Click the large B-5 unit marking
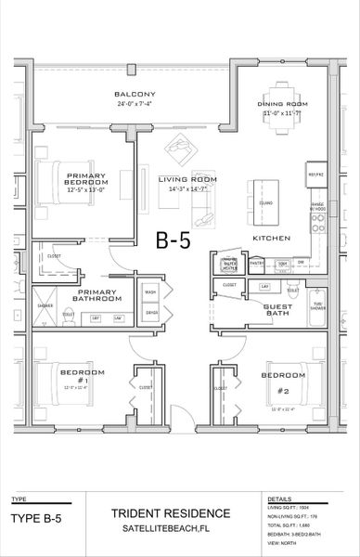pyautogui.click(x=173, y=241)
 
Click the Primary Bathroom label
pyautogui.click(x=98, y=294)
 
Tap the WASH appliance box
pyautogui.click(x=150, y=292)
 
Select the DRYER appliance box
pyautogui.click(x=150, y=313)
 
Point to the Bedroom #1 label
pyautogui.click(x=74, y=376)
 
